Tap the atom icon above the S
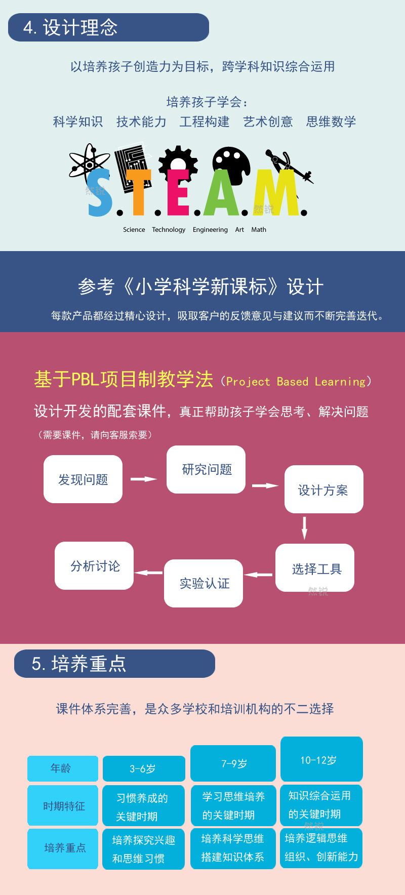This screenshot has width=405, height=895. pos(89,161)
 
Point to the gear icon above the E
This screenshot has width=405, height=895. pos(178,161)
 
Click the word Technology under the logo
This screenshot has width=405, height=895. pos(169,230)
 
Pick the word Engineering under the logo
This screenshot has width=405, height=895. pos(210,230)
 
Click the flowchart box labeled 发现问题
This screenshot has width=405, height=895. pos(83,479)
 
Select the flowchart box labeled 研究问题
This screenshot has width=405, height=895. pos(206,469)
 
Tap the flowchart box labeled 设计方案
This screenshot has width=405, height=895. pos(324,489)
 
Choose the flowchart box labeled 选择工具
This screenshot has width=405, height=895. pos(315,567)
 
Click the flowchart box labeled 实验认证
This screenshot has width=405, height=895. pos(204,583)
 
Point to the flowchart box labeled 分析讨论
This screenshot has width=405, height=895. pos(94,565)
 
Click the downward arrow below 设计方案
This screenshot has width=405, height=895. pos(304,528)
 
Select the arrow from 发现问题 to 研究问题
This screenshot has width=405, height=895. pos(144,479)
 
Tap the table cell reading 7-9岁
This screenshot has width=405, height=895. pos(233,763)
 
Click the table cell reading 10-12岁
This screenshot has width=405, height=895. pos(321,759)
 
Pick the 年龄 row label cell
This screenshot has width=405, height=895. pos(63,768)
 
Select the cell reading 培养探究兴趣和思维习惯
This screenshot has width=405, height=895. pos(144,849)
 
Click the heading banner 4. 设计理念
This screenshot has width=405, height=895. pos(108,27)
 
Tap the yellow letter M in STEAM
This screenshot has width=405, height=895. pos(276,193)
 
